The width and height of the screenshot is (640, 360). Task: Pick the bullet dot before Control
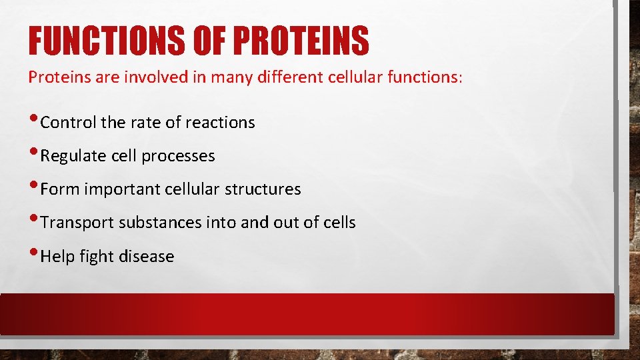point(33,121)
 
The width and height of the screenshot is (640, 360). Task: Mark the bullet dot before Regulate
point(33,155)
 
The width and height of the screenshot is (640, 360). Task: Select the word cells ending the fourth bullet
point(338,223)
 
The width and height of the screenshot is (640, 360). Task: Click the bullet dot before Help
point(33,255)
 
